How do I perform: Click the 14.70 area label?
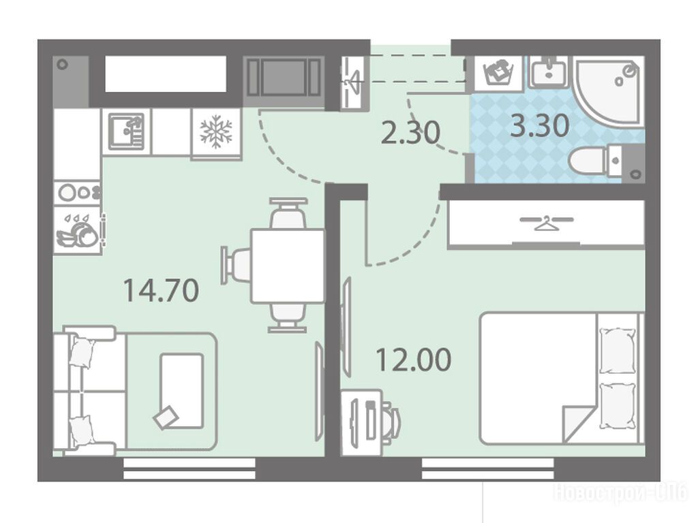161,290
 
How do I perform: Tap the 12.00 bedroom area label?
414,360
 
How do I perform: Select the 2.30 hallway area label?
411,132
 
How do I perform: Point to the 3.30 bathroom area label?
540,125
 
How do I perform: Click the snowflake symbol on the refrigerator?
216,131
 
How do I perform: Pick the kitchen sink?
126,131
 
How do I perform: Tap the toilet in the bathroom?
596,161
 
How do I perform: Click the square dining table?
288,266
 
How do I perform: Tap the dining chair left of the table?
235,266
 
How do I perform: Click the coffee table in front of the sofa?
182,392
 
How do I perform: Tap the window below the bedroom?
487,469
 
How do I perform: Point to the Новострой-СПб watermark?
620,493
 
